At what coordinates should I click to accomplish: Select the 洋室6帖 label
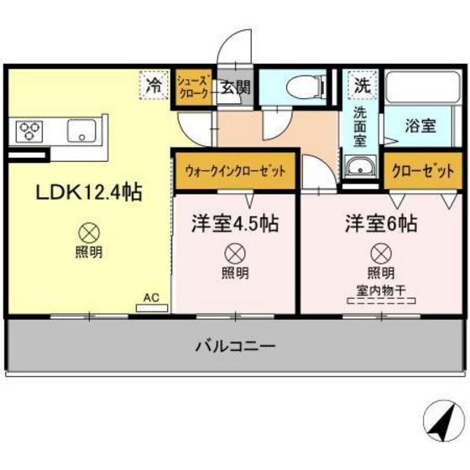point(380,224)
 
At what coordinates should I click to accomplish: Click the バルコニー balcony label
point(236,345)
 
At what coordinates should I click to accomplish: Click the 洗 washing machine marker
point(361,86)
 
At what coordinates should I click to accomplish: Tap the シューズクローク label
point(192,86)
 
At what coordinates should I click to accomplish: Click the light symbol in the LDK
point(88,232)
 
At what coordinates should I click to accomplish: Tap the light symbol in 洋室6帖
point(380,251)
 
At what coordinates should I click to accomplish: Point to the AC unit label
point(151,297)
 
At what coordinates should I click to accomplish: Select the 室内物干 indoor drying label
point(380,290)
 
